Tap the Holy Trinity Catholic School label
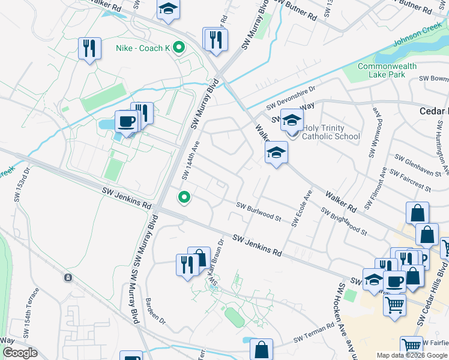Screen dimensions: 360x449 coord(331,132)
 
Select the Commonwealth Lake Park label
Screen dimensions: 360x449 coord(381,70)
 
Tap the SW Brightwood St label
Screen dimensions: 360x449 coord(344,221)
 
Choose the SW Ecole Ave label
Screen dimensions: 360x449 coord(301,209)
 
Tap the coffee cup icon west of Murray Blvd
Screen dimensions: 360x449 coord(126,121)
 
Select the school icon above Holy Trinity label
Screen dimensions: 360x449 coord(292,119)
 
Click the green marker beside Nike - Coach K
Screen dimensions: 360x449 coord(178,47)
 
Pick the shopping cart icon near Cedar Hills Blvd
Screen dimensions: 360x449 coord(394,305)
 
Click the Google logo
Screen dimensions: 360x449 coord(20,353)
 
